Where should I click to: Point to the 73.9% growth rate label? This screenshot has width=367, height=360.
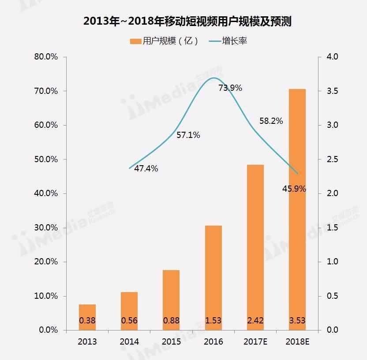pyautogui.click(x=230, y=88)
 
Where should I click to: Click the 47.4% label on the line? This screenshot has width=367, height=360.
pyautogui.click(x=146, y=169)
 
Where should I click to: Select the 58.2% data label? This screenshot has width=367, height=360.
pyautogui.click(x=271, y=121)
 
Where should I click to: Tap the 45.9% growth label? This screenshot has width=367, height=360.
pyautogui.click(x=294, y=189)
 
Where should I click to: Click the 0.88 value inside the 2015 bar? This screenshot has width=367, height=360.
pyautogui.click(x=172, y=320)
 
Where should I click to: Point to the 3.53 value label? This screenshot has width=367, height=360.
pyautogui.click(x=297, y=320)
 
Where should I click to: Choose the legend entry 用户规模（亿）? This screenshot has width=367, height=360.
pyautogui.click(x=164, y=41)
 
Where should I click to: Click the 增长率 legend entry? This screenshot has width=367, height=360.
pyautogui.click(x=234, y=41)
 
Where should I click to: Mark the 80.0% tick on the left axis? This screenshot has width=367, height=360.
pyautogui.click(x=46, y=57)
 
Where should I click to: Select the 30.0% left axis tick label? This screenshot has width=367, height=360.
pyautogui.click(x=46, y=228)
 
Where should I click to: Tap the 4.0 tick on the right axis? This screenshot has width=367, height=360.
pyautogui.click(x=332, y=57)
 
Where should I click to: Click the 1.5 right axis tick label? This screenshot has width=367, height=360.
pyautogui.click(x=332, y=228)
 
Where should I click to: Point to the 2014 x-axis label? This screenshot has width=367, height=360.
pyautogui.click(x=129, y=342)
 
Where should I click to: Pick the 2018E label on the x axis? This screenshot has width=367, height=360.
pyautogui.click(x=297, y=342)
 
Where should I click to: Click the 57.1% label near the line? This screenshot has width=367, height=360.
pyautogui.click(x=188, y=135)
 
